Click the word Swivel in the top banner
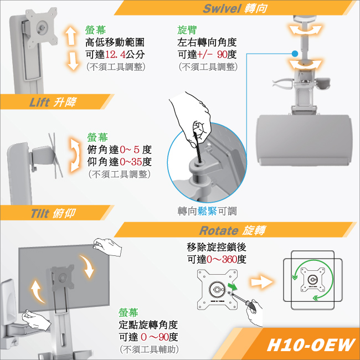(x=222, y=8)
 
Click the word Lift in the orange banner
(x=39, y=102)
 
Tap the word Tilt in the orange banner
(x=40, y=213)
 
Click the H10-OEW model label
(x=311, y=345)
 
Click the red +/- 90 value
(x=212, y=55)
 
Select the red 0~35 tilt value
(x=131, y=162)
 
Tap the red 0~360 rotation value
(x=222, y=259)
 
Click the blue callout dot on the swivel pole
(x=295, y=54)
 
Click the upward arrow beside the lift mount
(x=71, y=35)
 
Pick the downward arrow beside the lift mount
(x=73, y=61)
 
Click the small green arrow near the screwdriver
(x=233, y=286)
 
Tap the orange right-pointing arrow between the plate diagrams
(x=262, y=282)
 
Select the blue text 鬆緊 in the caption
(x=207, y=211)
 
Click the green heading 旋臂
(x=187, y=30)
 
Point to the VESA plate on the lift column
(x=42, y=28)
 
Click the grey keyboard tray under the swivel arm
(x=304, y=140)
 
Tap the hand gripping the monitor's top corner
(x=107, y=246)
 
